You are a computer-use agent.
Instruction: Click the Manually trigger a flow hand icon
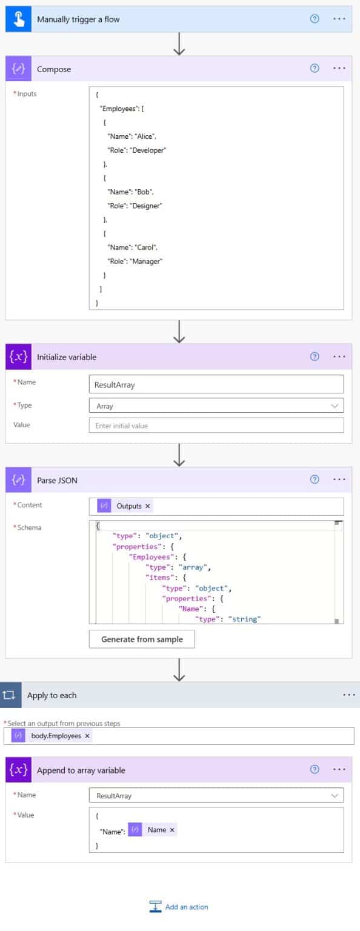(18, 19)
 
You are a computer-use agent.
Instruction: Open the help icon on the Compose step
(315, 68)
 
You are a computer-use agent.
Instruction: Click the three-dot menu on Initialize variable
(339, 356)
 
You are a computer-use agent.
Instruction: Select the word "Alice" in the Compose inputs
(145, 136)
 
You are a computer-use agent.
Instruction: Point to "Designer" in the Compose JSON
(146, 205)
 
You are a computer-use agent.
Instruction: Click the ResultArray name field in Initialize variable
(216, 384)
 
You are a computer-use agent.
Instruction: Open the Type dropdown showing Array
(216, 405)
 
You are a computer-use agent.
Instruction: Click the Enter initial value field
(216, 425)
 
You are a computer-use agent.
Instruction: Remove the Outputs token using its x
(147, 506)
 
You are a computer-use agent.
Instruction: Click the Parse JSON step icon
(18, 480)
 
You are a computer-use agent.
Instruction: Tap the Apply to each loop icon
(10, 695)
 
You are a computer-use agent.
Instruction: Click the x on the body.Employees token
(87, 736)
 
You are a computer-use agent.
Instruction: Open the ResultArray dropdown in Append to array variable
(216, 795)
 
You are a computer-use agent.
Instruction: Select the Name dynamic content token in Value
(152, 830)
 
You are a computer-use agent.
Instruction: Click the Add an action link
(179, 907)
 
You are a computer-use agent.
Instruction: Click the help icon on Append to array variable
(315, 769)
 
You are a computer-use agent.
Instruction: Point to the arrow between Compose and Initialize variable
(179, 332)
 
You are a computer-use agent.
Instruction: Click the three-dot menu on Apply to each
(349, 695)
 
